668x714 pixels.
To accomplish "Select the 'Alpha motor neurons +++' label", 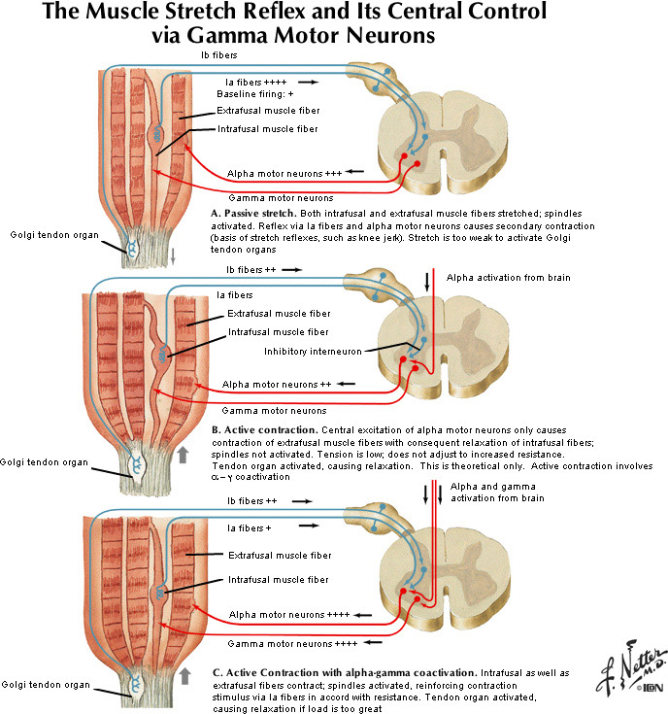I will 282,174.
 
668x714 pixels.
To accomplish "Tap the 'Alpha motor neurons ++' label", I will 278,385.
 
